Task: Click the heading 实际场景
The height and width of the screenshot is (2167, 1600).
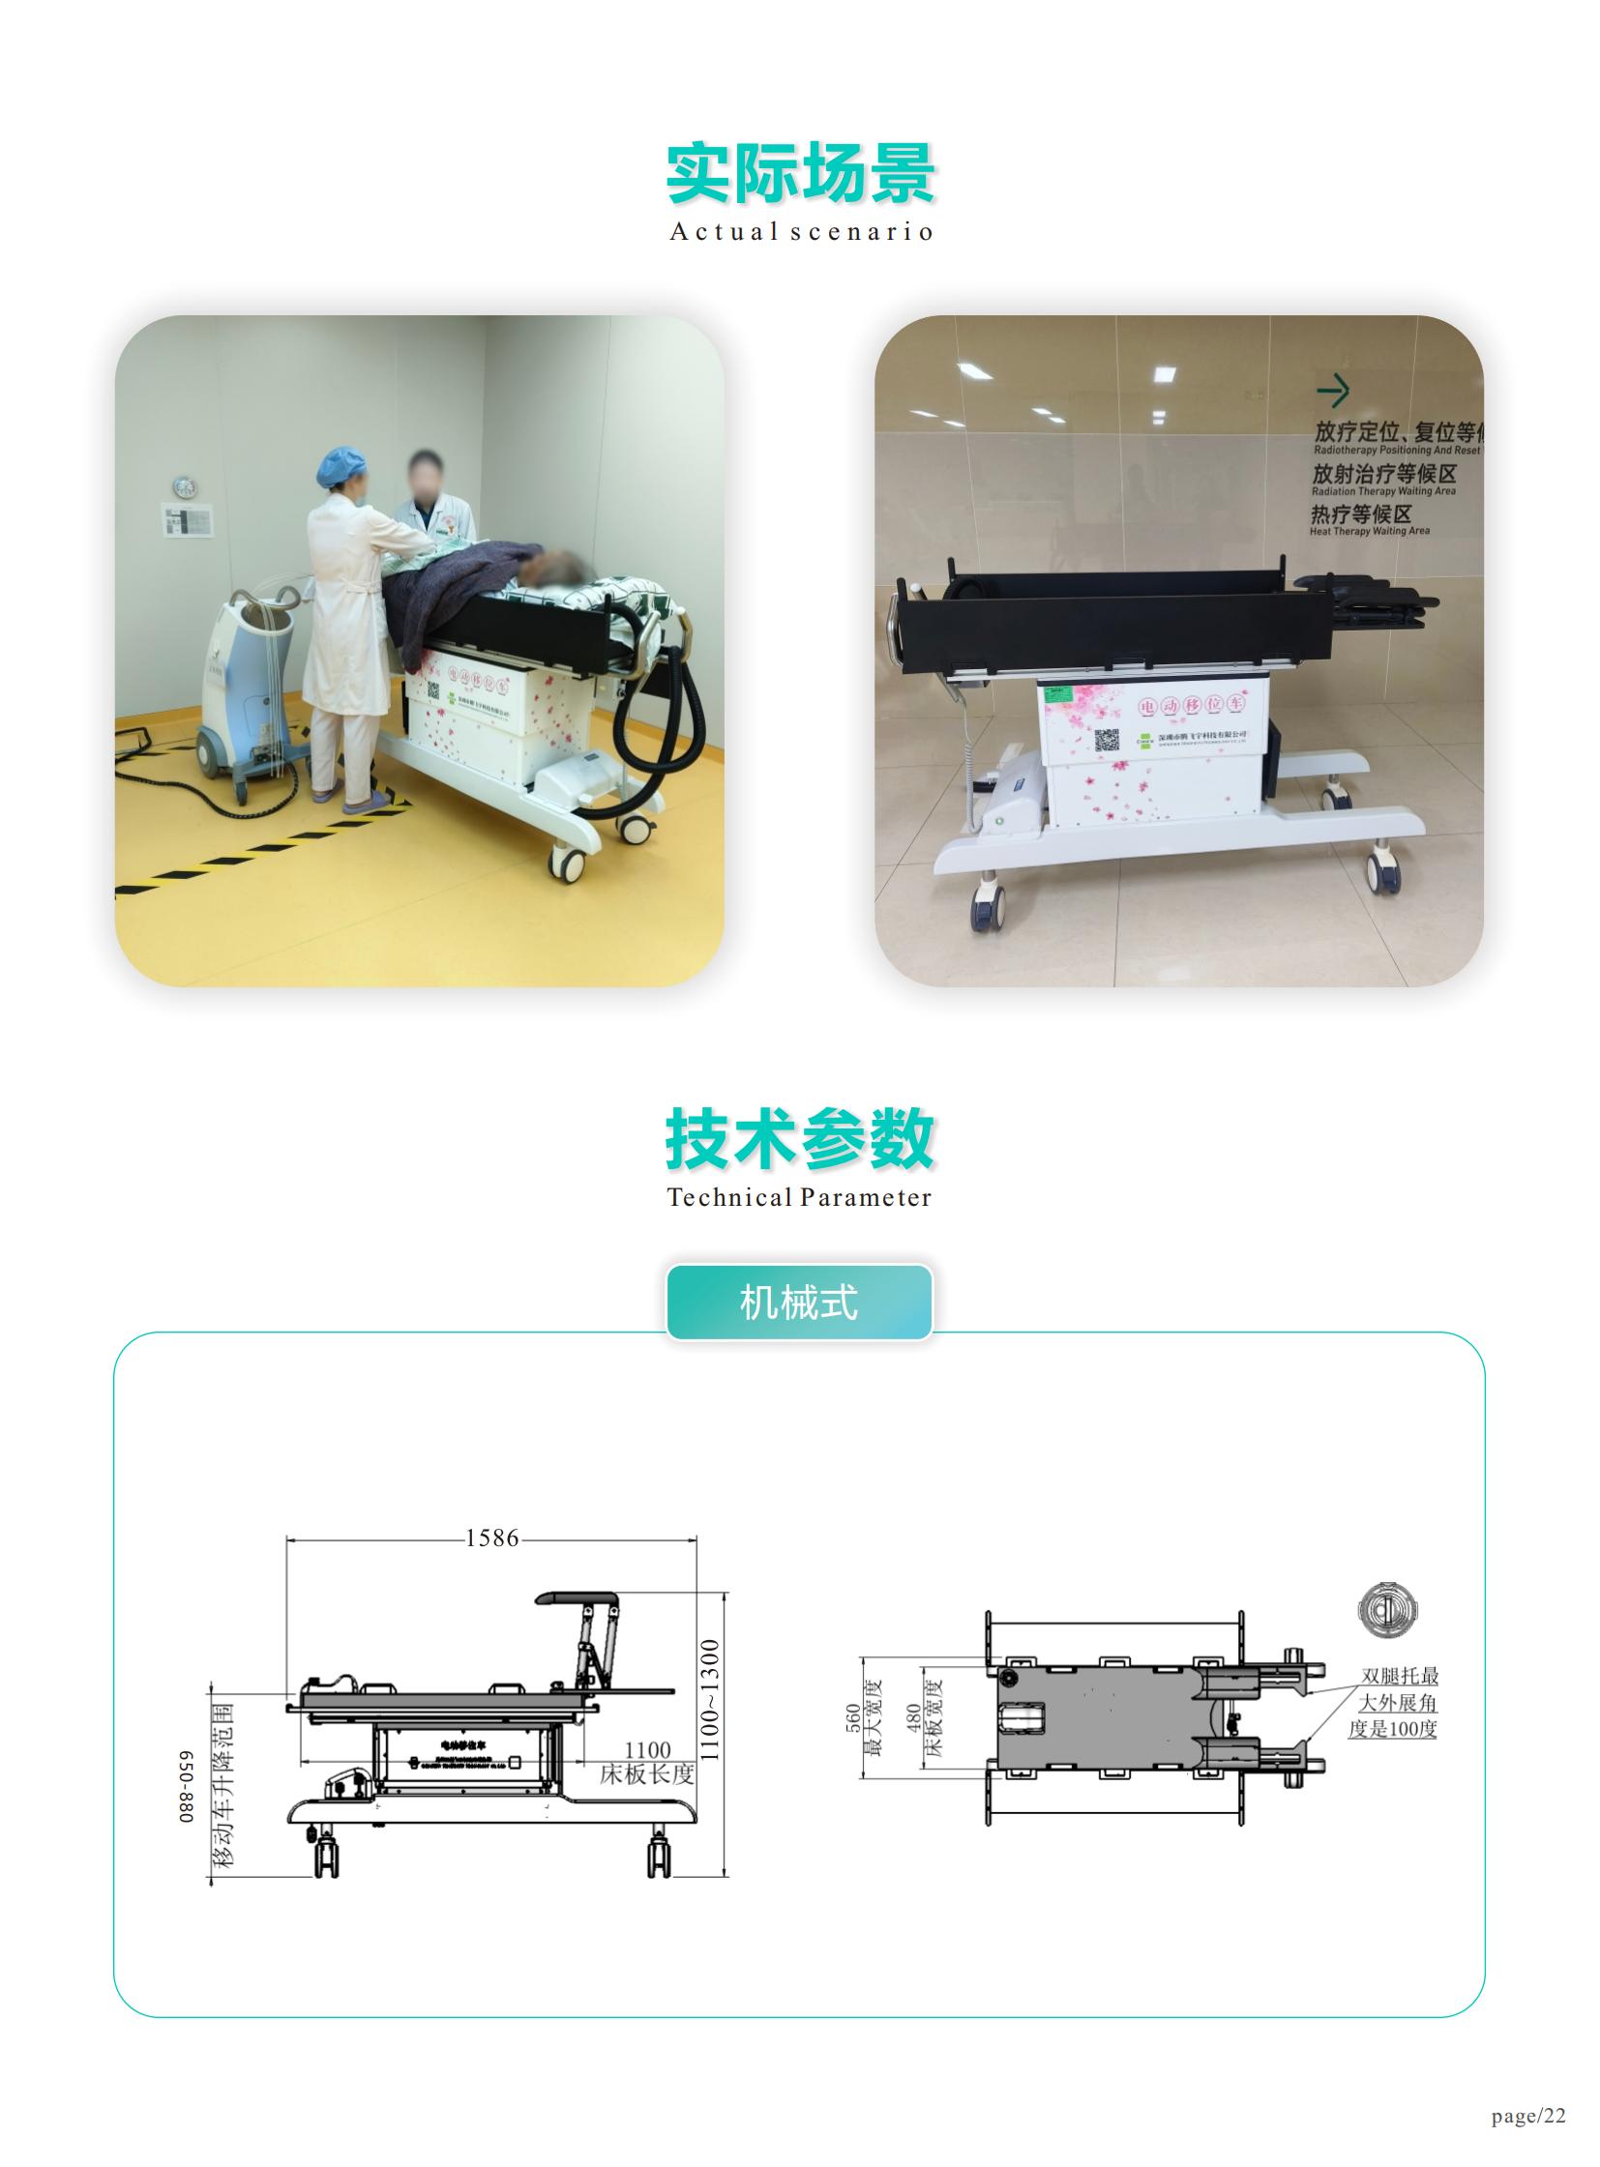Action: [x=800, y=173]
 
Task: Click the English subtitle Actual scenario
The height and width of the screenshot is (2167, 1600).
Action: [x=800, y=232]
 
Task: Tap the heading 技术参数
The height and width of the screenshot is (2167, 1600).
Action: [x=800, y=1139]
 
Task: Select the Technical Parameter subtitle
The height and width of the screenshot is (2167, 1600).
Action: [x=800, y=1198]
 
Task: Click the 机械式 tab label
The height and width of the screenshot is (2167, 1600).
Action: [x=799, y=1303]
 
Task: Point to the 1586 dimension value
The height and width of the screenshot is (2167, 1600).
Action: [x=492, y=1538]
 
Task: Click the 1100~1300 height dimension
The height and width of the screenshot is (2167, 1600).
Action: [x=710, y=1700]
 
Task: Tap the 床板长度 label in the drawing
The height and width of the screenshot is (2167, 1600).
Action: [x=647, y=1773]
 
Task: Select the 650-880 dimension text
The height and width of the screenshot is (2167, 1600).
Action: [x=186, y=1786]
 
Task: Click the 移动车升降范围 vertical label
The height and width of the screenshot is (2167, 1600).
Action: [x=223, y=1784]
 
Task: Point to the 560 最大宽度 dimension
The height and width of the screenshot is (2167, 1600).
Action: [x=863, y=1717]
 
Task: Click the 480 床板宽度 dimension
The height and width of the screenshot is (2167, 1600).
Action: [x=923, y=1717]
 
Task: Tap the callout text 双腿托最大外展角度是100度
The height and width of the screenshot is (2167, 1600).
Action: [x=1396, y=1701]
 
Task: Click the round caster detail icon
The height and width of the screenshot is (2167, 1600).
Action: [x=1387, y=1609]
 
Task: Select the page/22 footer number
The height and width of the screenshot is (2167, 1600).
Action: [x=1528, y=2116]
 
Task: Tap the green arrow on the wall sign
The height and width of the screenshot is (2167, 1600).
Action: [x=1334, y=391]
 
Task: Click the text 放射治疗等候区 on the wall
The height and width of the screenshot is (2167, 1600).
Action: [x=1384, y=474]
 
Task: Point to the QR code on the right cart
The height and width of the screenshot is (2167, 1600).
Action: [x=1107, y=740]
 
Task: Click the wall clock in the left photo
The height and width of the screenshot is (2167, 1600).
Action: [x=185, y=487]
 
